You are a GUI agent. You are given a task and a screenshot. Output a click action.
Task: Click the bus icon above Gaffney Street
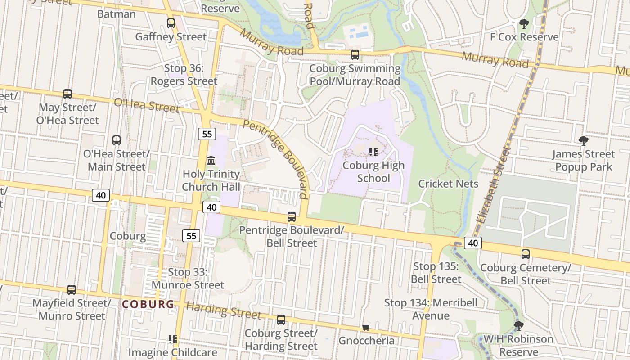[x=171, y=23]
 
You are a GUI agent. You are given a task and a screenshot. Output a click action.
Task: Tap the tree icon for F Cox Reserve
[x=524, y=24]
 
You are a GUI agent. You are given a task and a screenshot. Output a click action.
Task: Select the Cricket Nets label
[x=448, y=184]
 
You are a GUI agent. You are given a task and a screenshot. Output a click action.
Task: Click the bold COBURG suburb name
[x=148, y=304]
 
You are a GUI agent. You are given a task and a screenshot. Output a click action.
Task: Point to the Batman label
[x=116, y=14]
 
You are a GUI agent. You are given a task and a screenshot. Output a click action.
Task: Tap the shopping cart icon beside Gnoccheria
[x=366, y=327]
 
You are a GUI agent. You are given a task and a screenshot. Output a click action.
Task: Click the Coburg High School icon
[x=373, y=152]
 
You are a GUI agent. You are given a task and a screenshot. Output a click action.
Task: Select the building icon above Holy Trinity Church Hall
[x=211, y=161]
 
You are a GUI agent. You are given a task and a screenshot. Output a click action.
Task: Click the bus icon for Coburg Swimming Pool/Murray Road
[x=355, y=55]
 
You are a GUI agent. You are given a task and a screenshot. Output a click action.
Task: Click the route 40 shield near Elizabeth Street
[x=472, y=243]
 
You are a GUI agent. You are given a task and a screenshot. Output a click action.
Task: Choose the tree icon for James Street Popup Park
[x=584, y=141]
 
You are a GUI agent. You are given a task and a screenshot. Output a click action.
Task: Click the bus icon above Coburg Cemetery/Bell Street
[x=525, y=254]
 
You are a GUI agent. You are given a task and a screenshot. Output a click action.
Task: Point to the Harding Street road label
[x=224, y=310]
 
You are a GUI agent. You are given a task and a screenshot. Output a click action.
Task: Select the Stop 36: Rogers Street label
[x=184, y=75]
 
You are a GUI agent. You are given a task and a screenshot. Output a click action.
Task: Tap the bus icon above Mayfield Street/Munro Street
[x=72, y=290]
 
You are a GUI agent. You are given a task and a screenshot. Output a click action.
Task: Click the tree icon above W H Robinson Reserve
[x=518, y=325]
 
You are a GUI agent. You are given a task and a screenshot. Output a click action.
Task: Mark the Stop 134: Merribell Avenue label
[x=431, y=309]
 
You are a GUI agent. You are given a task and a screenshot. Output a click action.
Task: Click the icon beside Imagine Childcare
[x=172, y=339]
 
